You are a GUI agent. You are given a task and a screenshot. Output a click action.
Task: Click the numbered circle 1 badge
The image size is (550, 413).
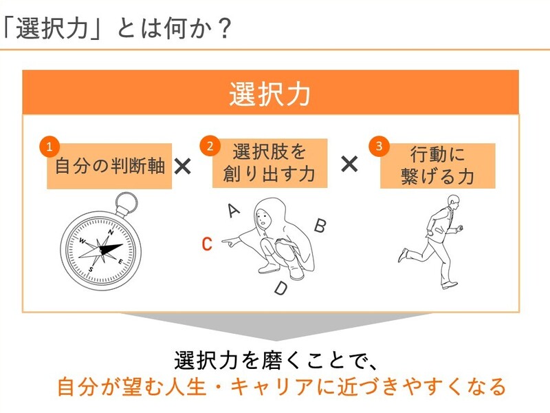point(49,146)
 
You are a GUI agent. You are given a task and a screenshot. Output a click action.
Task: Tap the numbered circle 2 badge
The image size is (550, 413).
point(210,145)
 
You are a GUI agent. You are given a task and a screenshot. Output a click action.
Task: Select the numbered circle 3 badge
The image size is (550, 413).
point(379,146)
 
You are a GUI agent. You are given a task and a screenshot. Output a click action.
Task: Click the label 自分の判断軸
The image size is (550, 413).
point(110,166)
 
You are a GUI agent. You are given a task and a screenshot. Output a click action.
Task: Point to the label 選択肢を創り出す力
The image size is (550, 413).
point(269,162)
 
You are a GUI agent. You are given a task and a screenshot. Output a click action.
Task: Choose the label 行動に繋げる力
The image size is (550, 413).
point(438,165)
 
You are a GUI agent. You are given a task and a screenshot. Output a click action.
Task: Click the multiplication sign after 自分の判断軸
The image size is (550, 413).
point(183,166)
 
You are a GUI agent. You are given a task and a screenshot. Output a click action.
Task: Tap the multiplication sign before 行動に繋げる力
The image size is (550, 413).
point(349,164)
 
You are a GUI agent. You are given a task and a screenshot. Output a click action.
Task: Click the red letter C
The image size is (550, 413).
point(207,244)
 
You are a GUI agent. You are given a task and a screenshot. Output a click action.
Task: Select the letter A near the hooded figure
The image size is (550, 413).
point(233,210)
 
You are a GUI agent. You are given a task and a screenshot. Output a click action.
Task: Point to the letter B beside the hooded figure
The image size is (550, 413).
point(320,225)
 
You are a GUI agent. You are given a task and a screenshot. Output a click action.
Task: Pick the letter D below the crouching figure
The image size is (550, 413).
point(281,288)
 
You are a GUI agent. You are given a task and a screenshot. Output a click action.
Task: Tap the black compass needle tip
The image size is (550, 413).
point(122,244)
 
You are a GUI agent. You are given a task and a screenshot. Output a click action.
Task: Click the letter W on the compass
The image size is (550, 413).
point(82,241)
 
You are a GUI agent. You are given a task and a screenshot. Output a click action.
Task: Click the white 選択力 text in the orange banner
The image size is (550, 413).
point(269,94)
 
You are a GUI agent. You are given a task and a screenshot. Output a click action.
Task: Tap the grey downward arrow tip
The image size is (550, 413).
point(276,340)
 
